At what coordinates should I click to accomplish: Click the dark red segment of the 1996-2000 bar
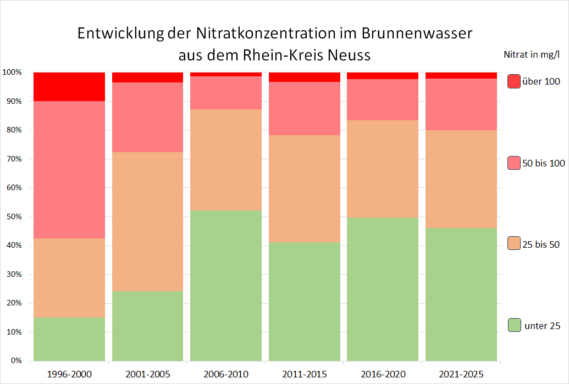(69, 86)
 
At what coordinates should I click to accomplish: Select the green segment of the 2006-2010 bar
(226, 286)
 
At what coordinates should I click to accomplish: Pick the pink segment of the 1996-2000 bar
(69, 170)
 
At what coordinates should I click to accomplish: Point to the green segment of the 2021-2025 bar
(461, 294)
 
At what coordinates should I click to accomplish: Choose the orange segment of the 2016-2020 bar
(383, 169)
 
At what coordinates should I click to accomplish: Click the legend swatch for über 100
(514, 81)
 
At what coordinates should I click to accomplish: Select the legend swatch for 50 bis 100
(514, 163)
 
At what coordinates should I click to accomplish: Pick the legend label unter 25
(543, 326)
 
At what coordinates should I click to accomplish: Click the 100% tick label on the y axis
(12, 73)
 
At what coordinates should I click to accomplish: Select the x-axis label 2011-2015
(304, 375)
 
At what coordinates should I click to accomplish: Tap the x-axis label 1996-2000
(69, 375)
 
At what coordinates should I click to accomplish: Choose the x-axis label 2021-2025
(461, 375)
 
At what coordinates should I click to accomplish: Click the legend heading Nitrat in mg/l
(532, 54)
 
